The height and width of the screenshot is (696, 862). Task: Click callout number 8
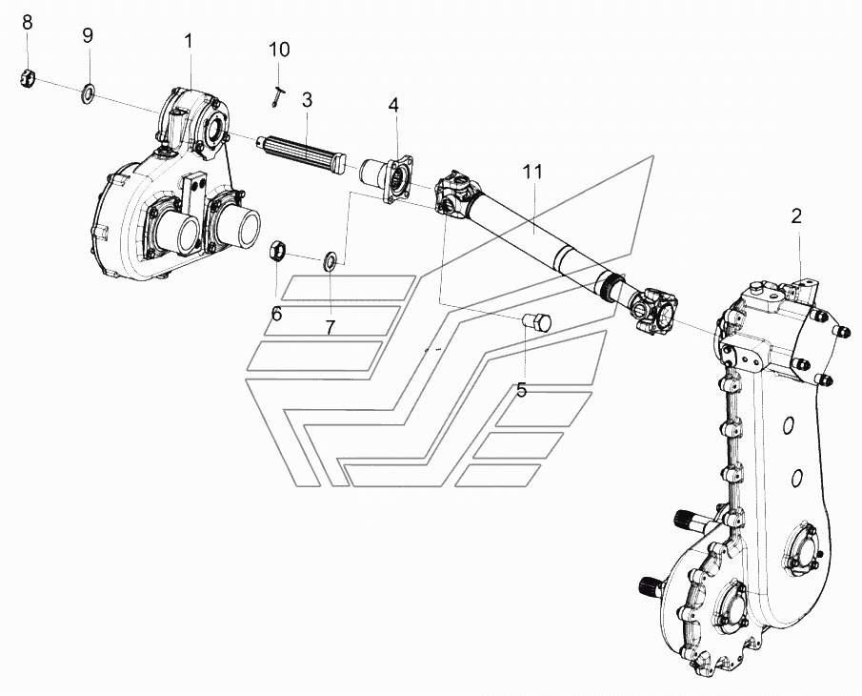(x=28, y=23)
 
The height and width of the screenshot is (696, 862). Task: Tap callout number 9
(x=88, y=36)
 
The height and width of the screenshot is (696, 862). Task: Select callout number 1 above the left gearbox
(x=189, y=41)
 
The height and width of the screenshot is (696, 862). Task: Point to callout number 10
(x=279, y=50)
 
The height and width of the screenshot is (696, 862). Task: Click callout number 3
(x=307, y=100)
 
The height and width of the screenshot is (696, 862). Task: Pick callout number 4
(x=393, y=105)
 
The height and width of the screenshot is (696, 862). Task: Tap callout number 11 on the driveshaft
(x=532, y=172)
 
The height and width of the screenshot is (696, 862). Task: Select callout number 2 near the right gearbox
(x=796, y=216)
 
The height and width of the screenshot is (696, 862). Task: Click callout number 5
(x=522, y=390)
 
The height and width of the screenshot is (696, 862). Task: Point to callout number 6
(x=276, y=315)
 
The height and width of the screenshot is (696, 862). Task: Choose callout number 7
(x=330, y=328)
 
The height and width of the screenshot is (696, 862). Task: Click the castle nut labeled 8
(x=28, y=79)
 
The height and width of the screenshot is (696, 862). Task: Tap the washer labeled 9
(x=88, y=93)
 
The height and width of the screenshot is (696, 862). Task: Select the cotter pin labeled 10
(x=277, y=95)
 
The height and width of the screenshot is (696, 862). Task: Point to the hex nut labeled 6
(x=276, y=251)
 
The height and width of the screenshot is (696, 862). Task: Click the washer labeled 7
(x=331, y=261)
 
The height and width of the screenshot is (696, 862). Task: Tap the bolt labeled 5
(x=536, y=322)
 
